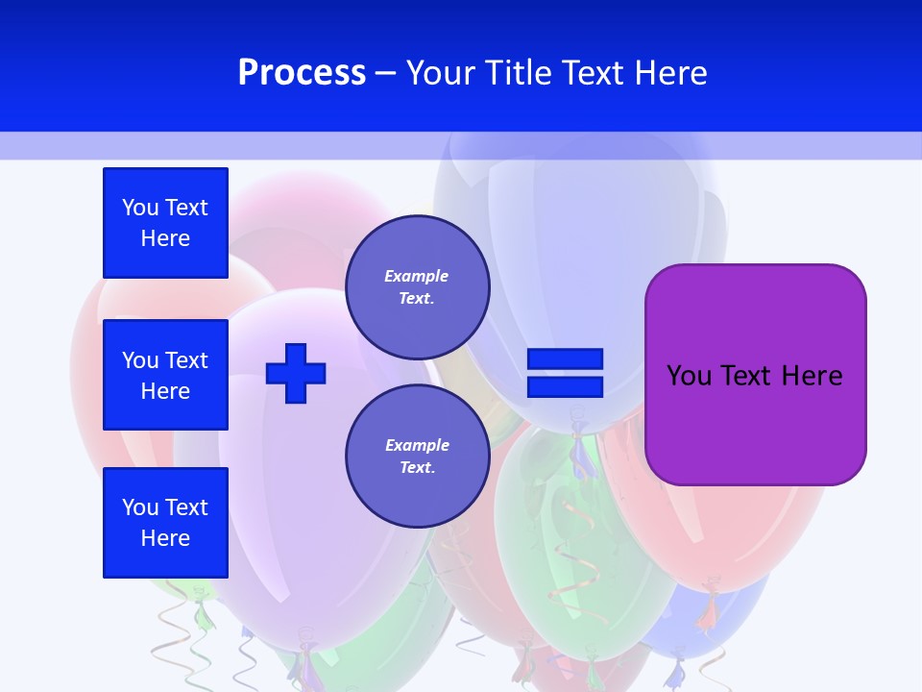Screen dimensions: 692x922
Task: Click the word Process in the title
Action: point(302,73)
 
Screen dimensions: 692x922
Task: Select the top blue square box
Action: point(165,223)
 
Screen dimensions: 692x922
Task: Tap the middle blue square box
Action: point(165,375)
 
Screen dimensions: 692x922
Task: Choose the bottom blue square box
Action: point(165,523)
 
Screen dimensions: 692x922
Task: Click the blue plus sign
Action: point(296,373)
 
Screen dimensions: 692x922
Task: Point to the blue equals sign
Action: point(565,373)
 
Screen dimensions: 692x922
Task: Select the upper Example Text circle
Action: point(417,286)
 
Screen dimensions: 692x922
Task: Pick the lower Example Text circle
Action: point(417,456)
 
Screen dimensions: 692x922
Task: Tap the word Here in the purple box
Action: point(812,376)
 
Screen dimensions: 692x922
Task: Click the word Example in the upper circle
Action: point(417,276)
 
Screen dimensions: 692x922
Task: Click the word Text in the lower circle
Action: point(417,468)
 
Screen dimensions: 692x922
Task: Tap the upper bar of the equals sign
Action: point(565,359)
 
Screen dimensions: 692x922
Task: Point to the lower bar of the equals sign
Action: point(565,386)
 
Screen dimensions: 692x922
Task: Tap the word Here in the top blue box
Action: point(165,238)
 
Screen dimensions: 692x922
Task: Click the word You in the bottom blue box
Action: point(140,507)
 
